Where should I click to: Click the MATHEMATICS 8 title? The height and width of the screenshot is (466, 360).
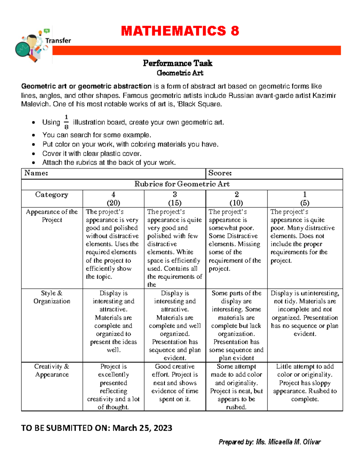coord(180,31)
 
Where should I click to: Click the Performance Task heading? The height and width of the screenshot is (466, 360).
coord(178,63)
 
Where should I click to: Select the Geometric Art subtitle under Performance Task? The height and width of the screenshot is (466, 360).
coord(180,73)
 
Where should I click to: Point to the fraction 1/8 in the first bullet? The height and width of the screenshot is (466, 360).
coord(66,122)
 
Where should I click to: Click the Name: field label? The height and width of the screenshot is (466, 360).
coord(36,173)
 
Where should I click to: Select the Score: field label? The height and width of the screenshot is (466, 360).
coord(220,173)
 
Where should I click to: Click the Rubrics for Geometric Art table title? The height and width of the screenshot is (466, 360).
coord(182,184)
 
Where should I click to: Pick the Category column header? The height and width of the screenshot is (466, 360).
coord(52,195)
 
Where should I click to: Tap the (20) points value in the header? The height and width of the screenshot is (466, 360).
coord(113,203)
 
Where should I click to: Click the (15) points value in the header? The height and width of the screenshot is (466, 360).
coord(175,203)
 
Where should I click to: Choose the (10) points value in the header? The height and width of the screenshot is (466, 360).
coord(236,203)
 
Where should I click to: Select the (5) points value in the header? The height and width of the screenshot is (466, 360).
coord(304,203)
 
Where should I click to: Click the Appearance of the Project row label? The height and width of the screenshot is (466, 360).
coord(52,216)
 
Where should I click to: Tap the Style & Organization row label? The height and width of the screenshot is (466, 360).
coord(52,297)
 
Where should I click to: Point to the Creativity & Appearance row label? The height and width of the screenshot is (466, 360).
coord(52,370)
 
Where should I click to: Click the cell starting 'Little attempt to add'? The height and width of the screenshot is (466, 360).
coord(305,383)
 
